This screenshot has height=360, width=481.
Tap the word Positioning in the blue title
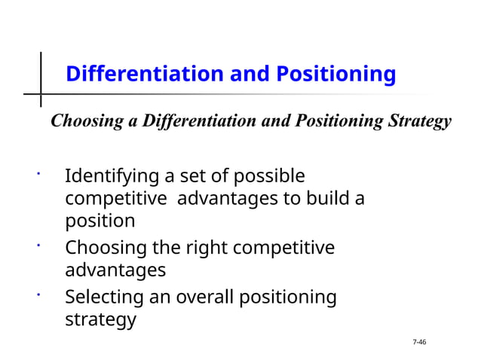(335, 75)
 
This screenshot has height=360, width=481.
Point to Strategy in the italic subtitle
(419, 121)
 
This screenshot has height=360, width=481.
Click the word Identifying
(112, 177)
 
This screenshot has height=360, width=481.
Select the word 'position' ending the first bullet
(100, 221)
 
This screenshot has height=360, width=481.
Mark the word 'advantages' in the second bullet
(115, 270)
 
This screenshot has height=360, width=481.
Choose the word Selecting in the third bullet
(106, 297)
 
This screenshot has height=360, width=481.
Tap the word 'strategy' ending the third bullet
(100, 319)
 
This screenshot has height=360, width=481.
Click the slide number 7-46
(419, 343)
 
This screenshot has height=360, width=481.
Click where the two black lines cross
(41, 95)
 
